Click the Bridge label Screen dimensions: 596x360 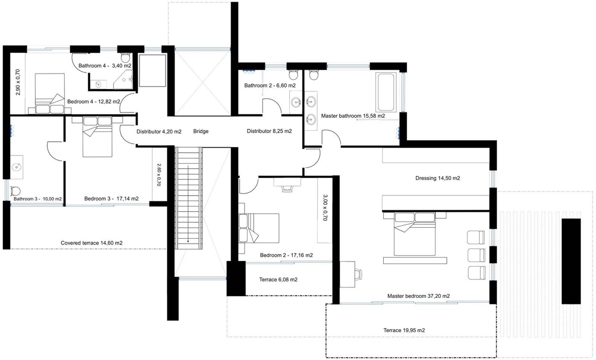click(x=201, y=132)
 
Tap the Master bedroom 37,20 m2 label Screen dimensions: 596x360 click(x=419, y=296)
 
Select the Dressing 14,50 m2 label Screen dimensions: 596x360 click(x=437, y=178)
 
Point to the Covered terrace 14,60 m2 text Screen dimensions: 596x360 click(x=91, y=243)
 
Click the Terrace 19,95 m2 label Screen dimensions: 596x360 click(x=404, y=330)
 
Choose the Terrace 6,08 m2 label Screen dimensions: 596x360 click(x=278, y=279)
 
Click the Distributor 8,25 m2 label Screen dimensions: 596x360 click(x=269, y=131)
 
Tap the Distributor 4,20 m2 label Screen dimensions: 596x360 click(x=159, y=132)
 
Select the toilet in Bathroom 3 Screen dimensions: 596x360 click(x=15, y=191)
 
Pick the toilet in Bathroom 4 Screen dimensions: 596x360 click(x=125, y=57)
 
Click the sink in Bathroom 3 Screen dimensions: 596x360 click(x=16, y=167)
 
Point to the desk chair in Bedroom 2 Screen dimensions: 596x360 click(x=287, y=187)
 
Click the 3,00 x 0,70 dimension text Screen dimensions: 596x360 click(x=325, y=208)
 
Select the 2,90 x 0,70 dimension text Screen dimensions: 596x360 click(x=17, y=82)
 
